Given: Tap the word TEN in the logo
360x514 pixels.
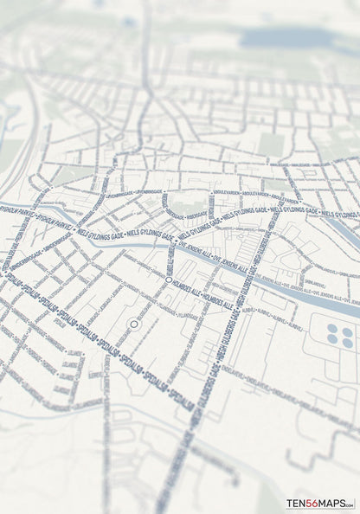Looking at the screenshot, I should [x=295, y=504].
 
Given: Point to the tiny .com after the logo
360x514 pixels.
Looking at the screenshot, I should [x=349, y=505].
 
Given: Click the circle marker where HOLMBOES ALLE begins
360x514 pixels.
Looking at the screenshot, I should [x=168, y=279].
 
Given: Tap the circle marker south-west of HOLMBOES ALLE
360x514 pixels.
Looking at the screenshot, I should [x=133, y=324].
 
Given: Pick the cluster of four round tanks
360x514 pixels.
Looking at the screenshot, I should [x=340, y=337].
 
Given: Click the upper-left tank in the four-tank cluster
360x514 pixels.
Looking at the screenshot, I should [x=333, y=331].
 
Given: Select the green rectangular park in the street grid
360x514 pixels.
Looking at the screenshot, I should [x=271, y=143].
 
